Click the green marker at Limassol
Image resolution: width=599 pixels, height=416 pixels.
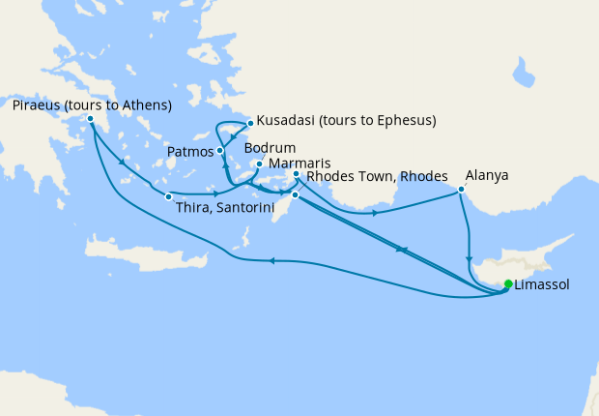pyautogui.click(x=508, y=284)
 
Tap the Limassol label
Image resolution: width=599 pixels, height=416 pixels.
pyautogui.click(x=542, y=285)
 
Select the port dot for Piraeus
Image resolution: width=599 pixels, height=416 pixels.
pyautogui.click(x=91, y=120)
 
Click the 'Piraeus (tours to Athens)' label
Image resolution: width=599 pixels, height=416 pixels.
pyautogui.click(x=92, y=104)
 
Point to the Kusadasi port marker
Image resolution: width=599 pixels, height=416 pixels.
pyautogui.click(x=249, y=123)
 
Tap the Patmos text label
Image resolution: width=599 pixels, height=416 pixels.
pyautogui.click(x=190, y=152)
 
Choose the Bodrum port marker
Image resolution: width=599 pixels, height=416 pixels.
pyautogui.click(x=259, y=164)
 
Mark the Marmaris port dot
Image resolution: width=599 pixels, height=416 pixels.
pyautogui.click(x=296, y=175)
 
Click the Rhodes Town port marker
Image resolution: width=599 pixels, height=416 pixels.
pyautogui.click(x=296, y=195)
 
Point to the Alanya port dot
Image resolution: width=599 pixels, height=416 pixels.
pyautogui.click(x=461, y=190)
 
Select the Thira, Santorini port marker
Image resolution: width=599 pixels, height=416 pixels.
pyautogui.click(x=168, y=197)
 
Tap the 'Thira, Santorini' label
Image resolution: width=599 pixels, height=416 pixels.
pyautogui.click(x=226, y=209)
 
